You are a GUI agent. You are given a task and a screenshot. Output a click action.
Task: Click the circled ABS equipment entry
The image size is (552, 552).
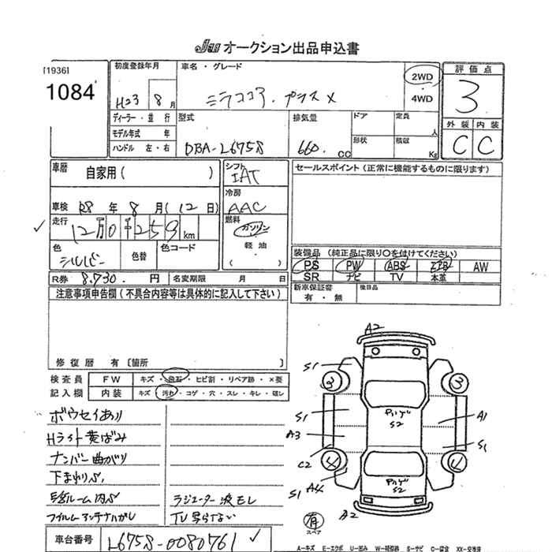tap(397, 267)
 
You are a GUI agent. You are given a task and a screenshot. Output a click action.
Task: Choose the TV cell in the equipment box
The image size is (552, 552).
tap(397, 278)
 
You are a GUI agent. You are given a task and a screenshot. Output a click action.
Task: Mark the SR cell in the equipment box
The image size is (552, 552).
tap(311, 278)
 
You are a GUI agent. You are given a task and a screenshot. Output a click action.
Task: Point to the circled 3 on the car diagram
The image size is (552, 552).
tap(458, 384)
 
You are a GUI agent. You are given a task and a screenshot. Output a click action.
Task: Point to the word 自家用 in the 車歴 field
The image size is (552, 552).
tap(103, 173)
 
